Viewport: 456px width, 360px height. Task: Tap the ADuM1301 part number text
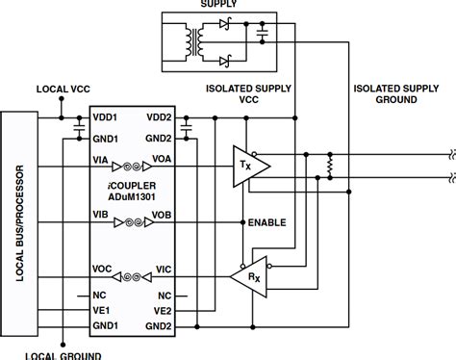[x=133, y=187]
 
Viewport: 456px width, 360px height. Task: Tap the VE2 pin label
[x=162, y=310]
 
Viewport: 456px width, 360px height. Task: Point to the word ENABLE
[x=267, y=222]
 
